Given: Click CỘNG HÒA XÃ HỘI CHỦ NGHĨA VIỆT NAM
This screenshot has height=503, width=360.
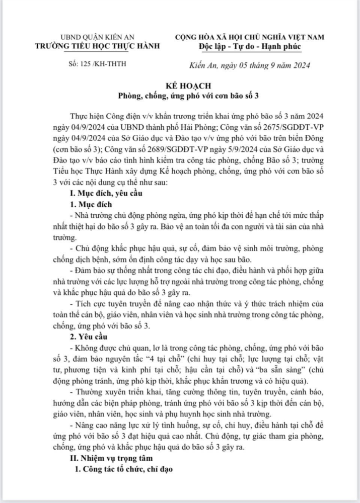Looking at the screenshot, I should click(250, 38).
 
